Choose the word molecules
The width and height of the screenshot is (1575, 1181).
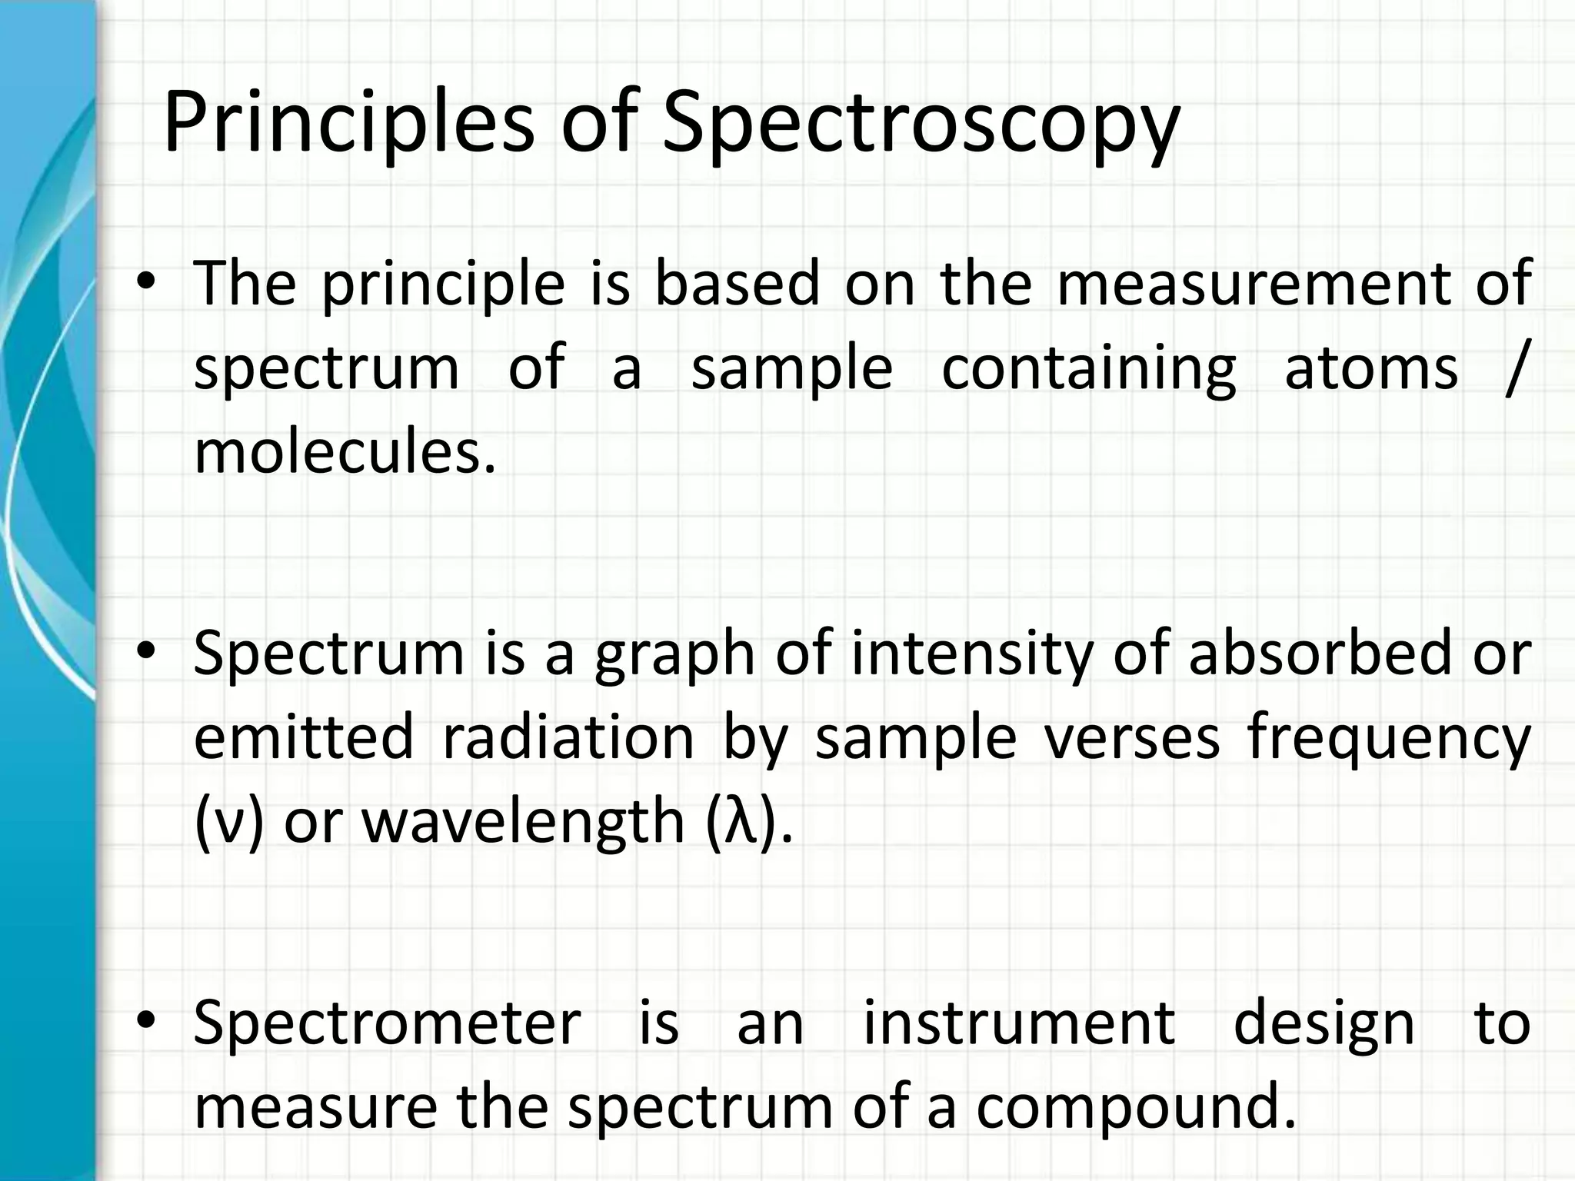click(x=345, y=452)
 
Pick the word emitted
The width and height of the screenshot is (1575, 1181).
click(x=304, y=737)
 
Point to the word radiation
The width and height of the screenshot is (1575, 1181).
click(x=568, y=737)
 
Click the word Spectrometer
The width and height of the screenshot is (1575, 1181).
click(x=387, y=1023)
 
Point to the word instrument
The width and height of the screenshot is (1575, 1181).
click(x=1019, y=1023)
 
